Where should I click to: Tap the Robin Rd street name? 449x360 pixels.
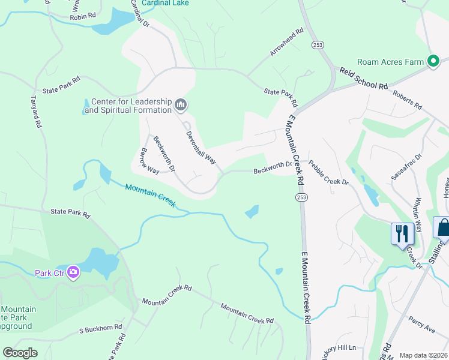pyautogui.click(x=83, y=17)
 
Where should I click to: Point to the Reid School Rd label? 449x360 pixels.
pyautogui.click(x=364, y=79)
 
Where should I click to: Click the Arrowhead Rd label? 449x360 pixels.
pyautogui.click(x=287, y=43)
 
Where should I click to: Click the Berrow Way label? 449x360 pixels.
pyautogui.click(x=149, y=161)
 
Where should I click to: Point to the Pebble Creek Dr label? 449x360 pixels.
pyautogui.click(x=328, y=172)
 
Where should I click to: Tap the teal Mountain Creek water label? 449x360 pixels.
pyautogui.click(x=151, y=196)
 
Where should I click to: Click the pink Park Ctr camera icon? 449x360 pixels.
pyautogui.click(x=74, y=273)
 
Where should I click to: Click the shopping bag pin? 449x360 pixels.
pyautogui.click(x=442, y=227)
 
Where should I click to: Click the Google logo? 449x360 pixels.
pyautogui.click(x=20, y=353)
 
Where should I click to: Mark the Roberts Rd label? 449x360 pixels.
pyautogui.click(x=407, y=100)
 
